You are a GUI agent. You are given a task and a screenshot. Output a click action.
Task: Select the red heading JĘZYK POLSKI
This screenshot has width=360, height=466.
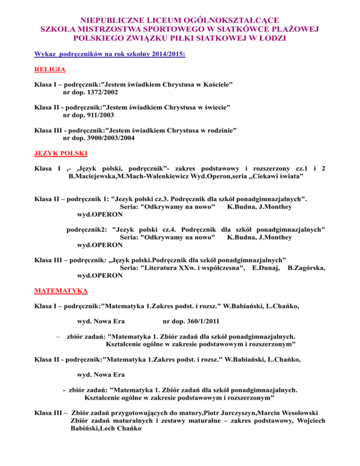point(60,153)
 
